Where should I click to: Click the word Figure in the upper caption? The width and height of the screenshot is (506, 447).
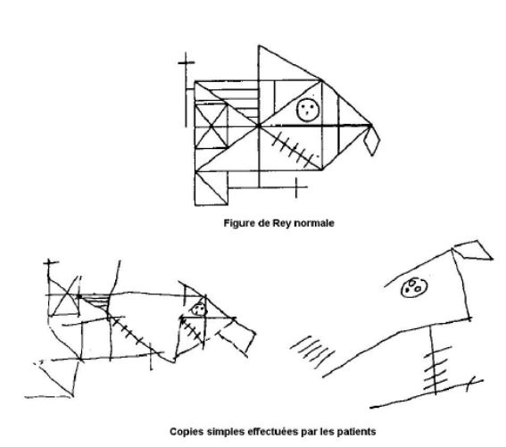tap(240, 223)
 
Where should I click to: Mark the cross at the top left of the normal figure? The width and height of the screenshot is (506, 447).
tap(187, 62)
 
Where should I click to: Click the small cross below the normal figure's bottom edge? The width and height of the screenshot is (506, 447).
tap(297, 186)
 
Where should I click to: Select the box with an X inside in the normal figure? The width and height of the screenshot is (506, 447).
tap(212, 126)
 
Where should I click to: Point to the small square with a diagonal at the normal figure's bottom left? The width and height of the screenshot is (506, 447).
tap(212, 188)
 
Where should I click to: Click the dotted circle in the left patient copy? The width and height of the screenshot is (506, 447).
tap(198, 310)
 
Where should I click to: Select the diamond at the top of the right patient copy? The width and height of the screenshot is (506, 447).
tap(474, 250)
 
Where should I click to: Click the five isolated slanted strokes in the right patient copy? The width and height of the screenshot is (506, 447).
tap(312, 352)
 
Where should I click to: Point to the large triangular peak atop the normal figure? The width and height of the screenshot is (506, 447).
tap(290, 63)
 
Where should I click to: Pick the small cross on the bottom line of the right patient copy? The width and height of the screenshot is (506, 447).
tap(470, 384)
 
